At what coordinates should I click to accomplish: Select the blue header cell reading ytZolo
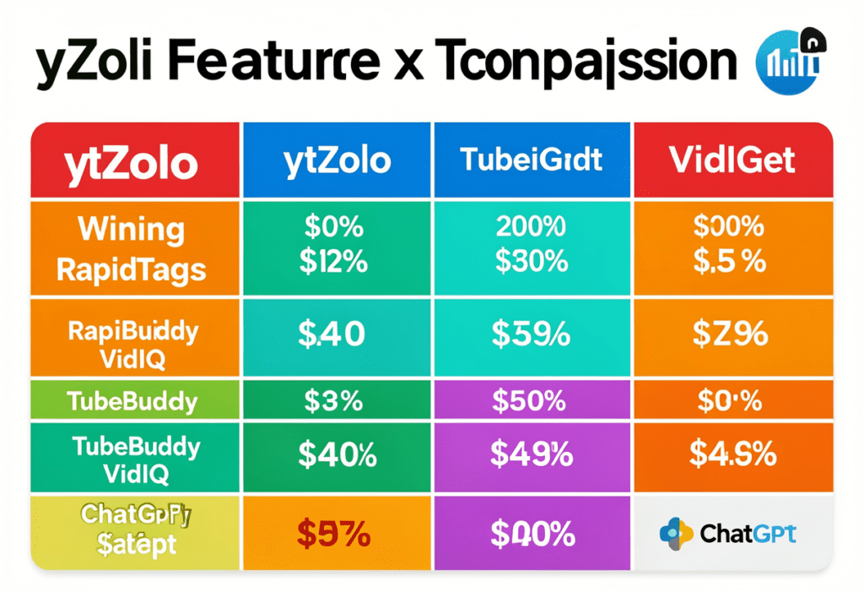pyautogui.click(x=338, y=161)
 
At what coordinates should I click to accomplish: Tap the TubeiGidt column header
pyautogui.click(x=533, y=160)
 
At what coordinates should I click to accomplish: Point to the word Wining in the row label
pyautogui.click(x=119, y=229)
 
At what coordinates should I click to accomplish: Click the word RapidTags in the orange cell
pyautogui.click(x=131, y=269)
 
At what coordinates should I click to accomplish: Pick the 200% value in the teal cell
pyautogui.click(x=532, y=226)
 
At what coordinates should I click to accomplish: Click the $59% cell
pyautogui.click(x=532, y=334)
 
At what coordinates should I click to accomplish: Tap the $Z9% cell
pyautogui.click(x=731, y=334)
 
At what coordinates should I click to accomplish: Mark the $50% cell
pyautogui.click(x=532, y=401)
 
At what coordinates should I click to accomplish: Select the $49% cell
pyautogui.click(x=532, y=455)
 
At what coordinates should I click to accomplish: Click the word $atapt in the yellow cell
pyautogui.click(x=136, y=544)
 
